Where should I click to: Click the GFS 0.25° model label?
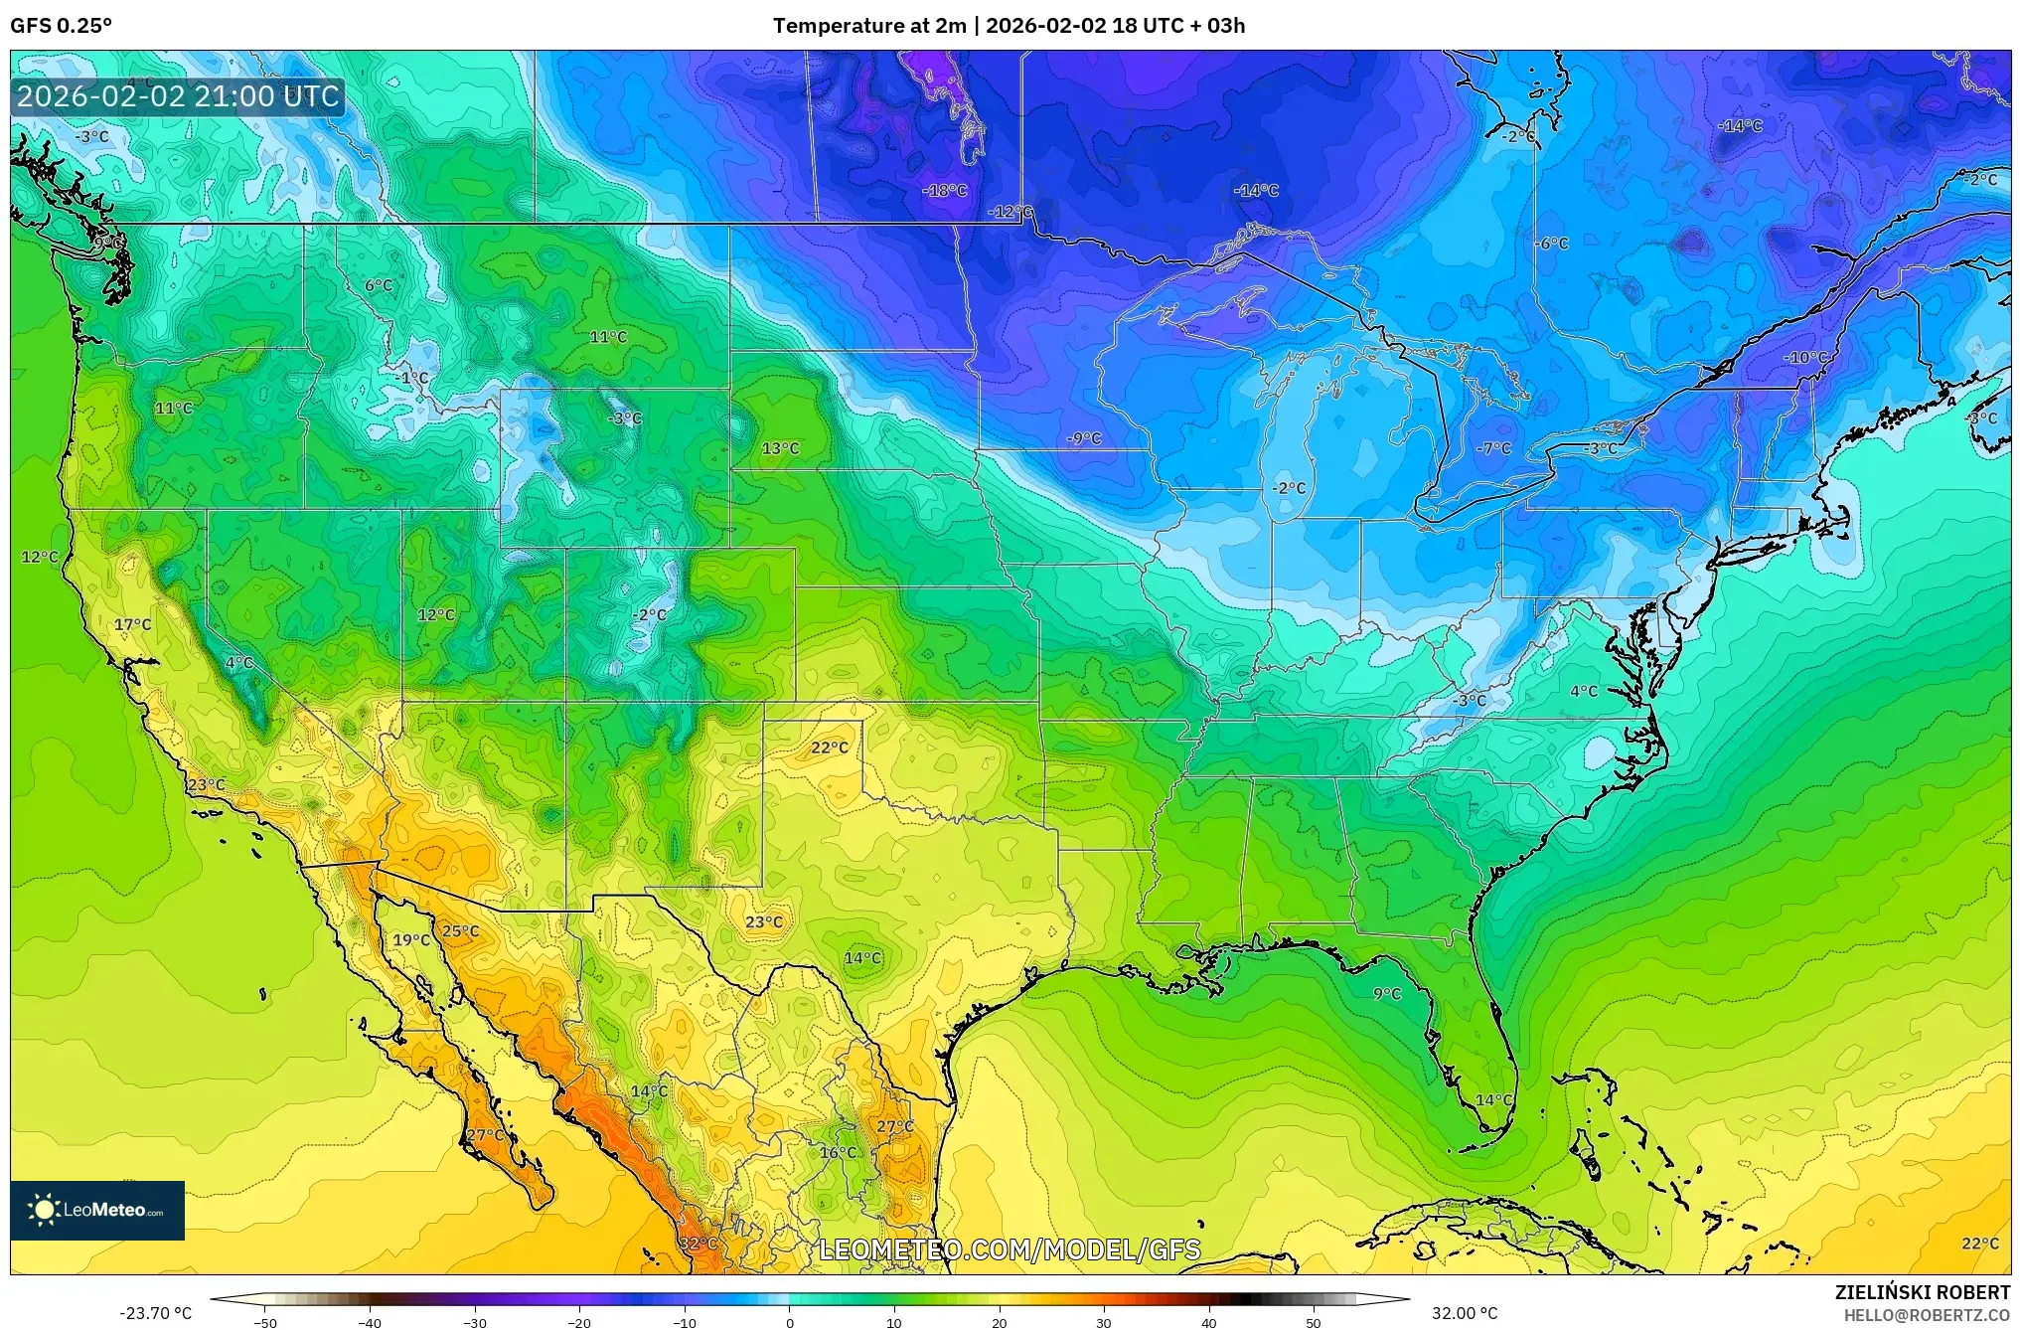[x=61, y=26]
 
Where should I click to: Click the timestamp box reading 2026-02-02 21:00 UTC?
[x=179, y=97]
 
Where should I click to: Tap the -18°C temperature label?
[x=945, y=190]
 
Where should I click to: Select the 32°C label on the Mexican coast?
[x=698, y=1244]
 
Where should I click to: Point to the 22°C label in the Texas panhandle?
[x=830, y=748]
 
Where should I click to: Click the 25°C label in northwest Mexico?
[x=460, y=931]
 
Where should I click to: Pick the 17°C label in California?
[x=132, y=625]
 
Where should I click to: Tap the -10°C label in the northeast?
[x=1805, y=358]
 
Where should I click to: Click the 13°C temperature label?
[x=780, y=448]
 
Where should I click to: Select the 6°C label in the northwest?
[x=379, y=286]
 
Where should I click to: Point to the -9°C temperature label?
[x=1084, y=438]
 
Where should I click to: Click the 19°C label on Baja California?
[x=410, y=940]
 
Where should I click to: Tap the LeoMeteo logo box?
[x=97, y=1210]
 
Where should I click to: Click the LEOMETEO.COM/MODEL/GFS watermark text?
[x=1010, y=1249]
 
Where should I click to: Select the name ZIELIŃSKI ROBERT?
[x=1922, y=1293]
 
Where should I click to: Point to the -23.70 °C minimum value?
[x=155, y=1313]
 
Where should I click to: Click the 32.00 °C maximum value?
[x=1464, y=1313]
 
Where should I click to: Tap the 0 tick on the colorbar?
[x=790, y=1323]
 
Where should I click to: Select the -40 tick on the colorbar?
[x=370, y=1323]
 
